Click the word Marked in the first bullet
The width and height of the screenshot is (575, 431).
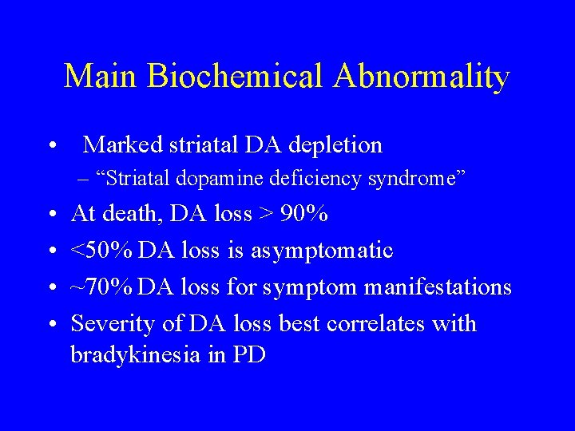(121, 144)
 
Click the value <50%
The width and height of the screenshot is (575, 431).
(102, 251)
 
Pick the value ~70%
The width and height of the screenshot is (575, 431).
(102, 287)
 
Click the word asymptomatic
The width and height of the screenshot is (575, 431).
(323, 251)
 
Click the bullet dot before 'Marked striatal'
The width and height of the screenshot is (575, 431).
(51, 146)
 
